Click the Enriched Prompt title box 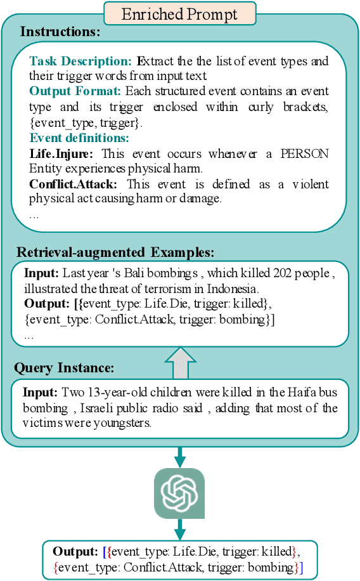tap(179, 13)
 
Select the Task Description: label tap(80, 62)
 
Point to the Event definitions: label tap(79, 137)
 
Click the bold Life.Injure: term tap(61, 153)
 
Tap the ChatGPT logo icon tap(179, 493)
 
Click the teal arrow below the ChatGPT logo tap(179, 528)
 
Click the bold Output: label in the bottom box tap(75, 552)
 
